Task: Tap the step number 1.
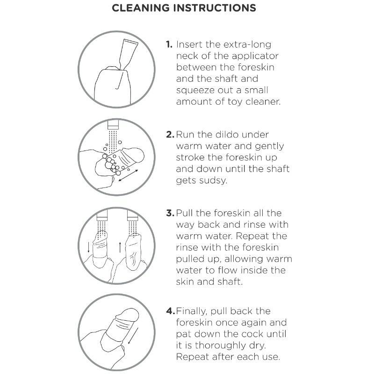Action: coord(169,44)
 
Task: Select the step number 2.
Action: coord(170,135)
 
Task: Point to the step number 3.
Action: coord(170,213)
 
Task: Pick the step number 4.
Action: coord(170,311)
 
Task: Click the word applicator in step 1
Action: coord(255,56)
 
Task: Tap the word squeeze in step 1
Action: coord(192,91)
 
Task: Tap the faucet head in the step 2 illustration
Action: coord(113,125)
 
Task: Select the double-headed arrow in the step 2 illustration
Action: coord(128,175)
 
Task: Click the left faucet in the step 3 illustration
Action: coord(102,215)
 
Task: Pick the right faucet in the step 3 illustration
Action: coord(133,215)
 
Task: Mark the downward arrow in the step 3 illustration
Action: coord(89,247)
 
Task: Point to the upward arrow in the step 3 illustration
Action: coord(120,247)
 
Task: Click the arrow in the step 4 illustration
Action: coord(133,336)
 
